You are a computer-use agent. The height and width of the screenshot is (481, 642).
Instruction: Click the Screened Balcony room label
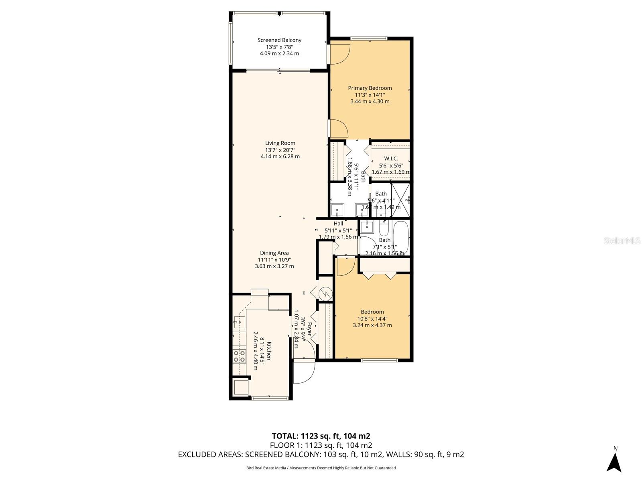click(279, 40)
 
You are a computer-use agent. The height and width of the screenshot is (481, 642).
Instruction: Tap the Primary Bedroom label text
click(370, 88)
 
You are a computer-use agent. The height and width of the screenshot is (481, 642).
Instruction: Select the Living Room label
click(280, 143)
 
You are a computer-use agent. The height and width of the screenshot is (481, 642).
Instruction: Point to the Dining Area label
click(274, 253)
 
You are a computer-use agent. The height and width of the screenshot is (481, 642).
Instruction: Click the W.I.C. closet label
click(391, 159)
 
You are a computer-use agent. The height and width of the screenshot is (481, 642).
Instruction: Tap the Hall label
click(338, 224)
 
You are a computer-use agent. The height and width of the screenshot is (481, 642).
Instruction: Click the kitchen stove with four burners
click(240, 356)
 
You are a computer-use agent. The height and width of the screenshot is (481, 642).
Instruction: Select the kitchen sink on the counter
click(239, 322)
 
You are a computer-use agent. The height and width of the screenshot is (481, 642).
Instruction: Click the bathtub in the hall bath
click(400, 237)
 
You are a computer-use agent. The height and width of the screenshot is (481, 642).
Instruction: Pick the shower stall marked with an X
click(400, 200)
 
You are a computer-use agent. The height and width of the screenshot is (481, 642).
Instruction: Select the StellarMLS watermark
click(622, 241)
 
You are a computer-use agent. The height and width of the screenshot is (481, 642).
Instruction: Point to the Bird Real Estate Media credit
click(321, 468)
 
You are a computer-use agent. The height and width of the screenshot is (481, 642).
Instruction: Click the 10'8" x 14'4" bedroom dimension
click(372, 319)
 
